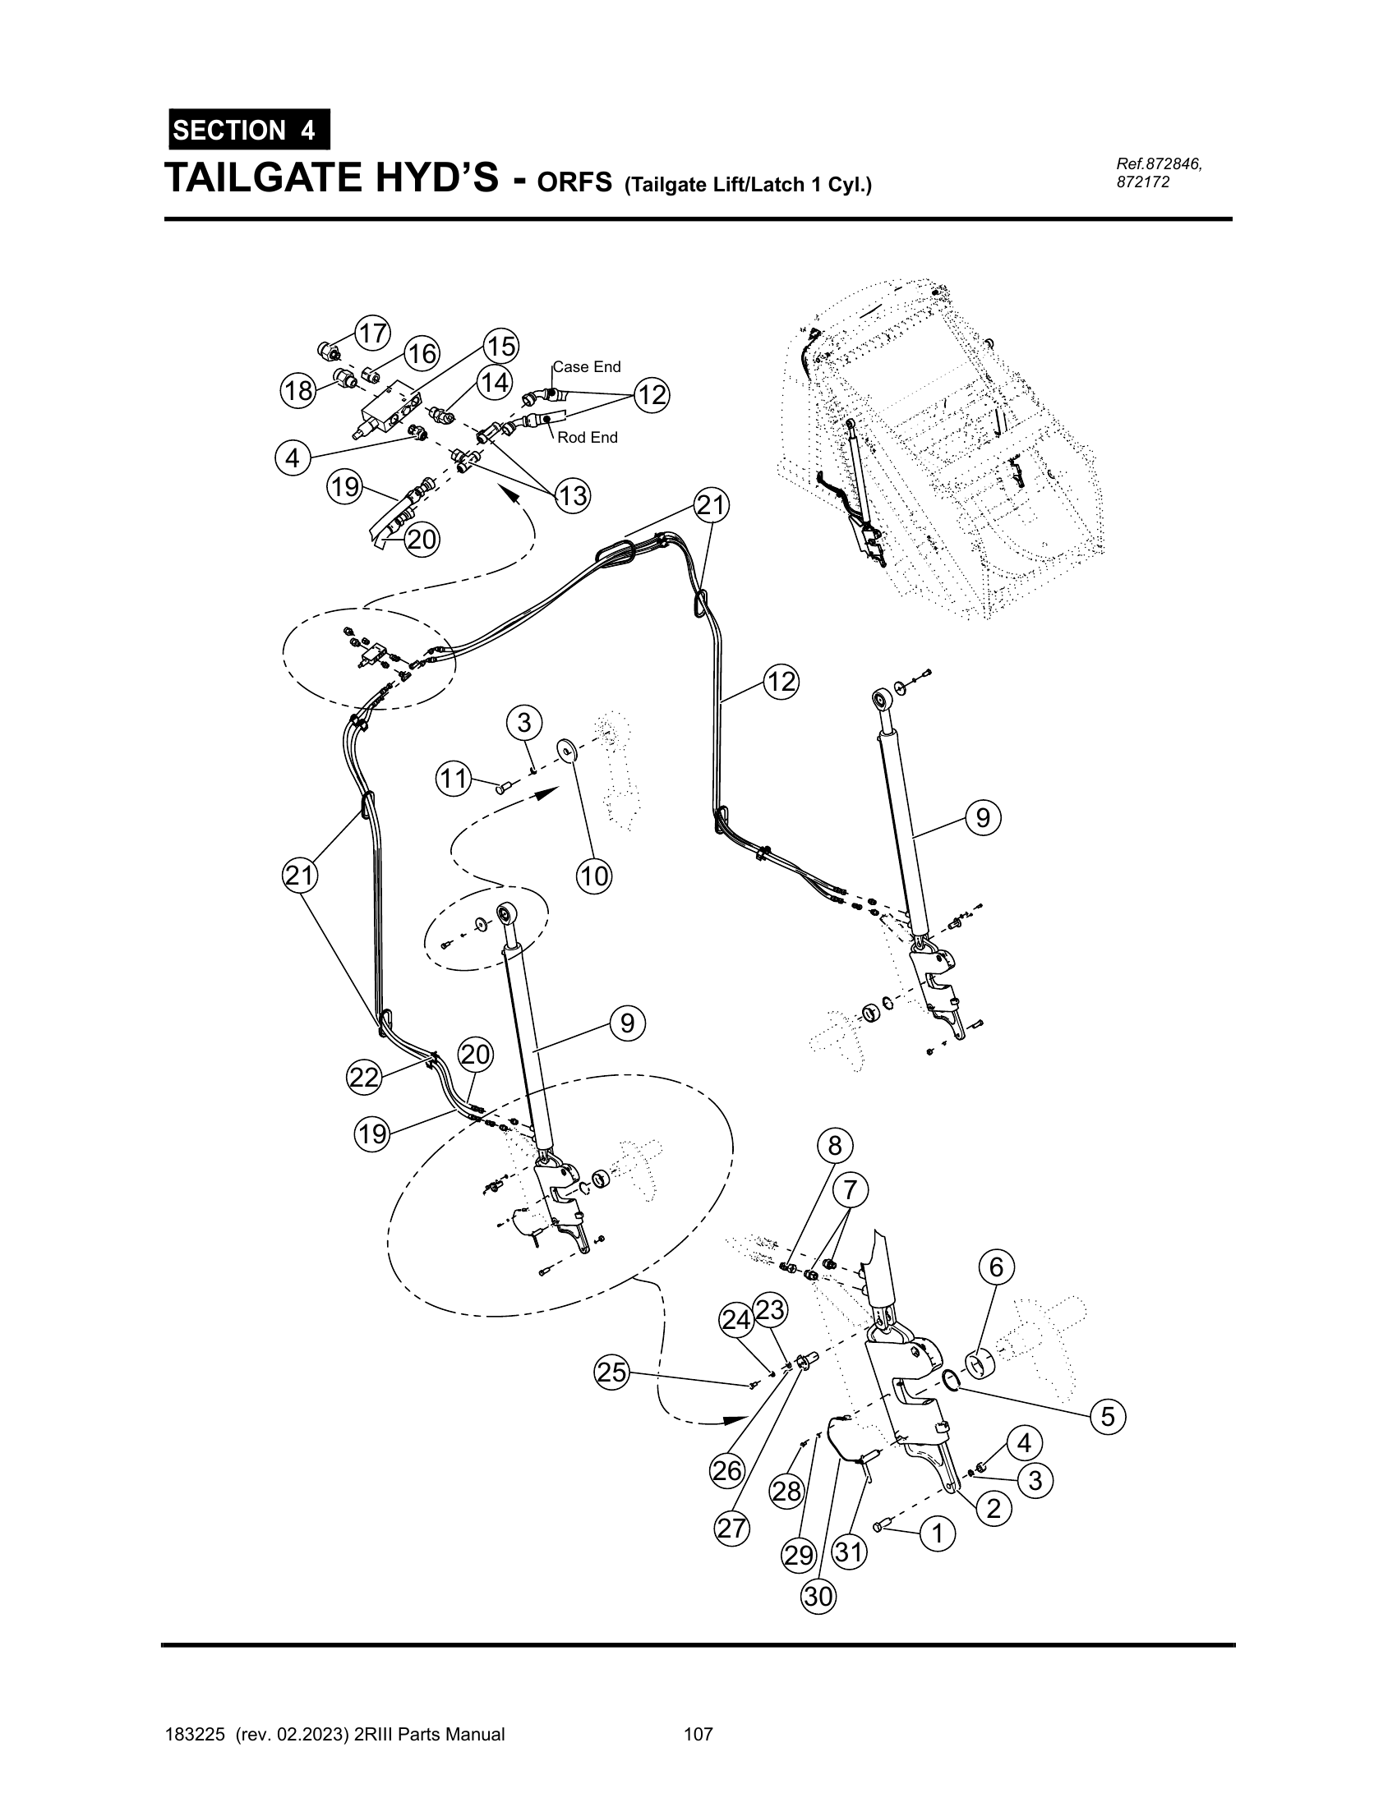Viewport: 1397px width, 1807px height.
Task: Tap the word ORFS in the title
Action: tap(574, 182)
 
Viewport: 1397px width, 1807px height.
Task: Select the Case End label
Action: tap(587, 366)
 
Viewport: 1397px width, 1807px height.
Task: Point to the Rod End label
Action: tap(588, 438)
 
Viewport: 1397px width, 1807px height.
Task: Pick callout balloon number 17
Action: tap(373, 333)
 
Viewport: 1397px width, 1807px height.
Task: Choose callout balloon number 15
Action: tap(500, 346)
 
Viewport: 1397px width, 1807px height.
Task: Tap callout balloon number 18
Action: tap(299, 390)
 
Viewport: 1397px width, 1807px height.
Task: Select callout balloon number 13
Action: tap(572, 495)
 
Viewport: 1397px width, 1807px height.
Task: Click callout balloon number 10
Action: tap(594, 876)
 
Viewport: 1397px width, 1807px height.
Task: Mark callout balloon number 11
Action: tap(454, 779)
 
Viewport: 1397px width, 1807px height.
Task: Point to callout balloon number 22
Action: tap(363, 1078)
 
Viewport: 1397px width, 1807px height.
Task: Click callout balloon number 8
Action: tap(834, 1145)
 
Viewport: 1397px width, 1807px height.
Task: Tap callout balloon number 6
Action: tap(997, 1267)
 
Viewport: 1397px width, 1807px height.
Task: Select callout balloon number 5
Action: tap(1109, 1418)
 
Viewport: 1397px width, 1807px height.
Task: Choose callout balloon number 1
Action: tap(938, 1534)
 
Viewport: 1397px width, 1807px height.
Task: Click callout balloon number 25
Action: tap(611, 1373)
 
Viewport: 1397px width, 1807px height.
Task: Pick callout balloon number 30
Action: tap(818, 1596)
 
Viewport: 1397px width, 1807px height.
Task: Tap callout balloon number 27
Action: tap(732, 1529)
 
